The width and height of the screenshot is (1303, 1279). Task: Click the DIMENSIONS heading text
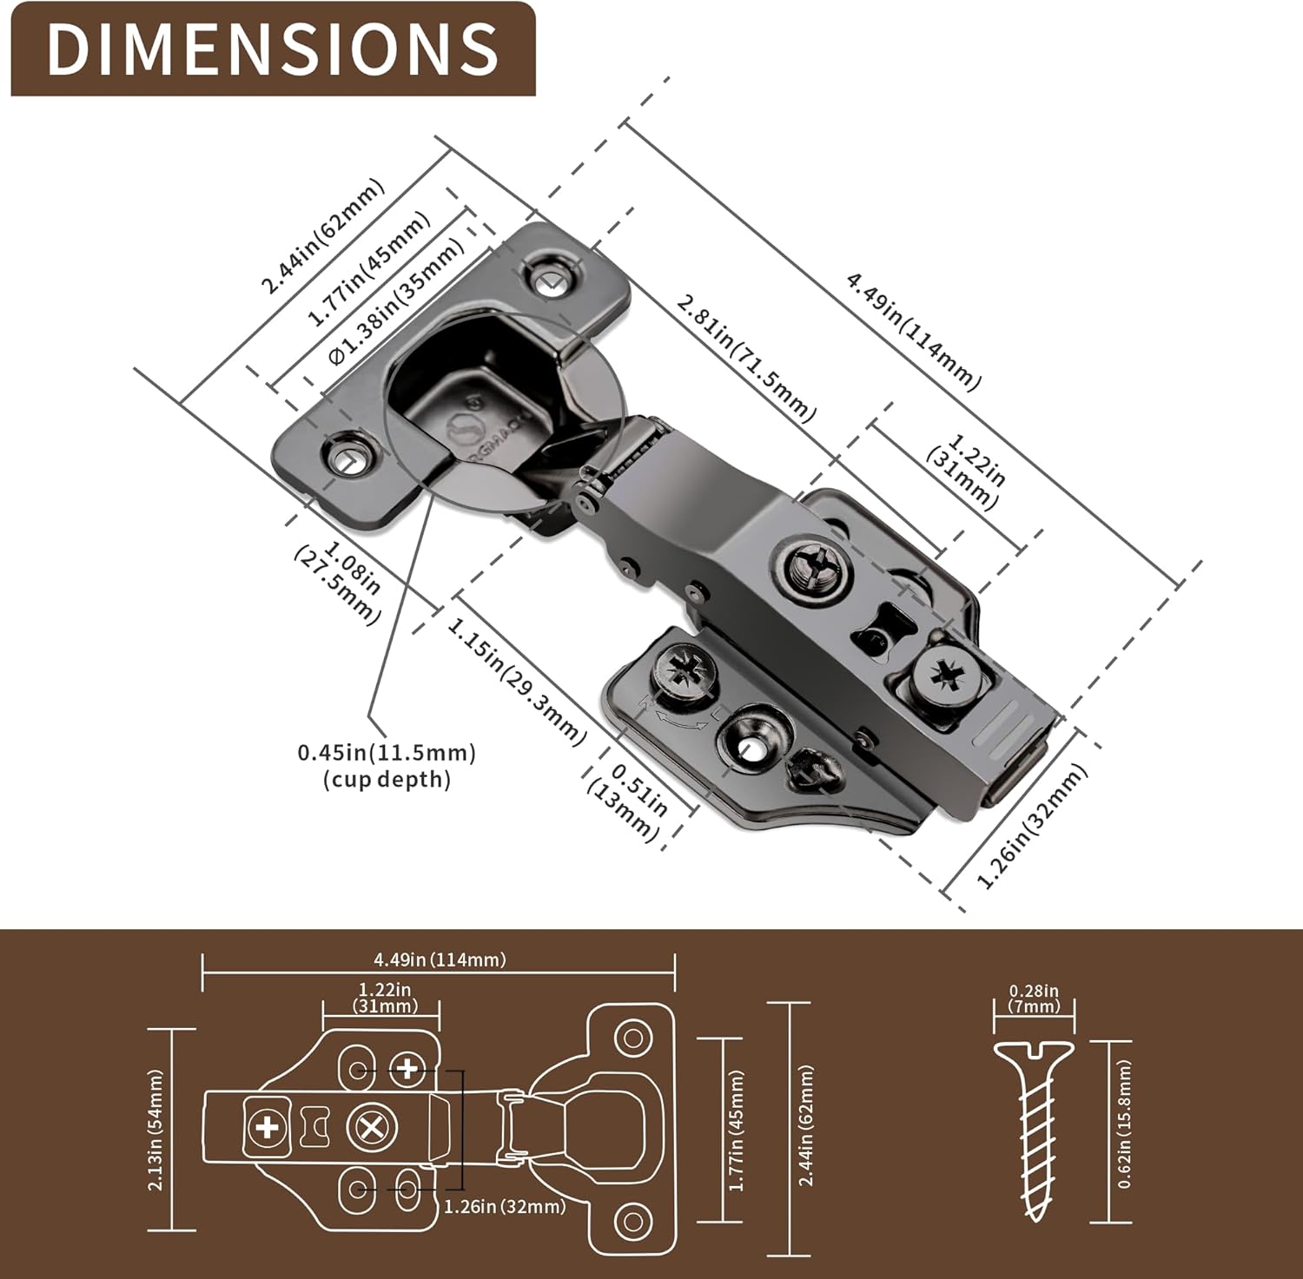pyautogui.click(x=273, y=49)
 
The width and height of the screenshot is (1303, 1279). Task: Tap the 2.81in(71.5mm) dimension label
pyautogui.click(x=745, y=358)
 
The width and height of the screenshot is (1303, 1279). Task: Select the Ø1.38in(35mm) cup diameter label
pyautogui.click(x=396, y=303)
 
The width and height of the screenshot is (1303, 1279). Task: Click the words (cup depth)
pyautogui.click(x=387, y=779)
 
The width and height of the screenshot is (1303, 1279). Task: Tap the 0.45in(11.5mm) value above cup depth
pyautogui.click(x=387, y=752)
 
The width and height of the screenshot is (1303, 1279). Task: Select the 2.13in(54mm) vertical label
pyautogui.click(x=156, y=1130)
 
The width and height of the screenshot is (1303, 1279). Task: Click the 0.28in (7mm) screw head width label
pyautogui.click(x=1034, y=999)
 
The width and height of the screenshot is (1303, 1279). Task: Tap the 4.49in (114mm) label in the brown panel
pyautogui.click(x=440, y=959)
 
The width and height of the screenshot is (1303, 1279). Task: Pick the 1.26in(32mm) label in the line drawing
pyautogui.click(x=505, y=1206)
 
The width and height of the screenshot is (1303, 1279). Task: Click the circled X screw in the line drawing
pyautogui.click(x=373, y=1129)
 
